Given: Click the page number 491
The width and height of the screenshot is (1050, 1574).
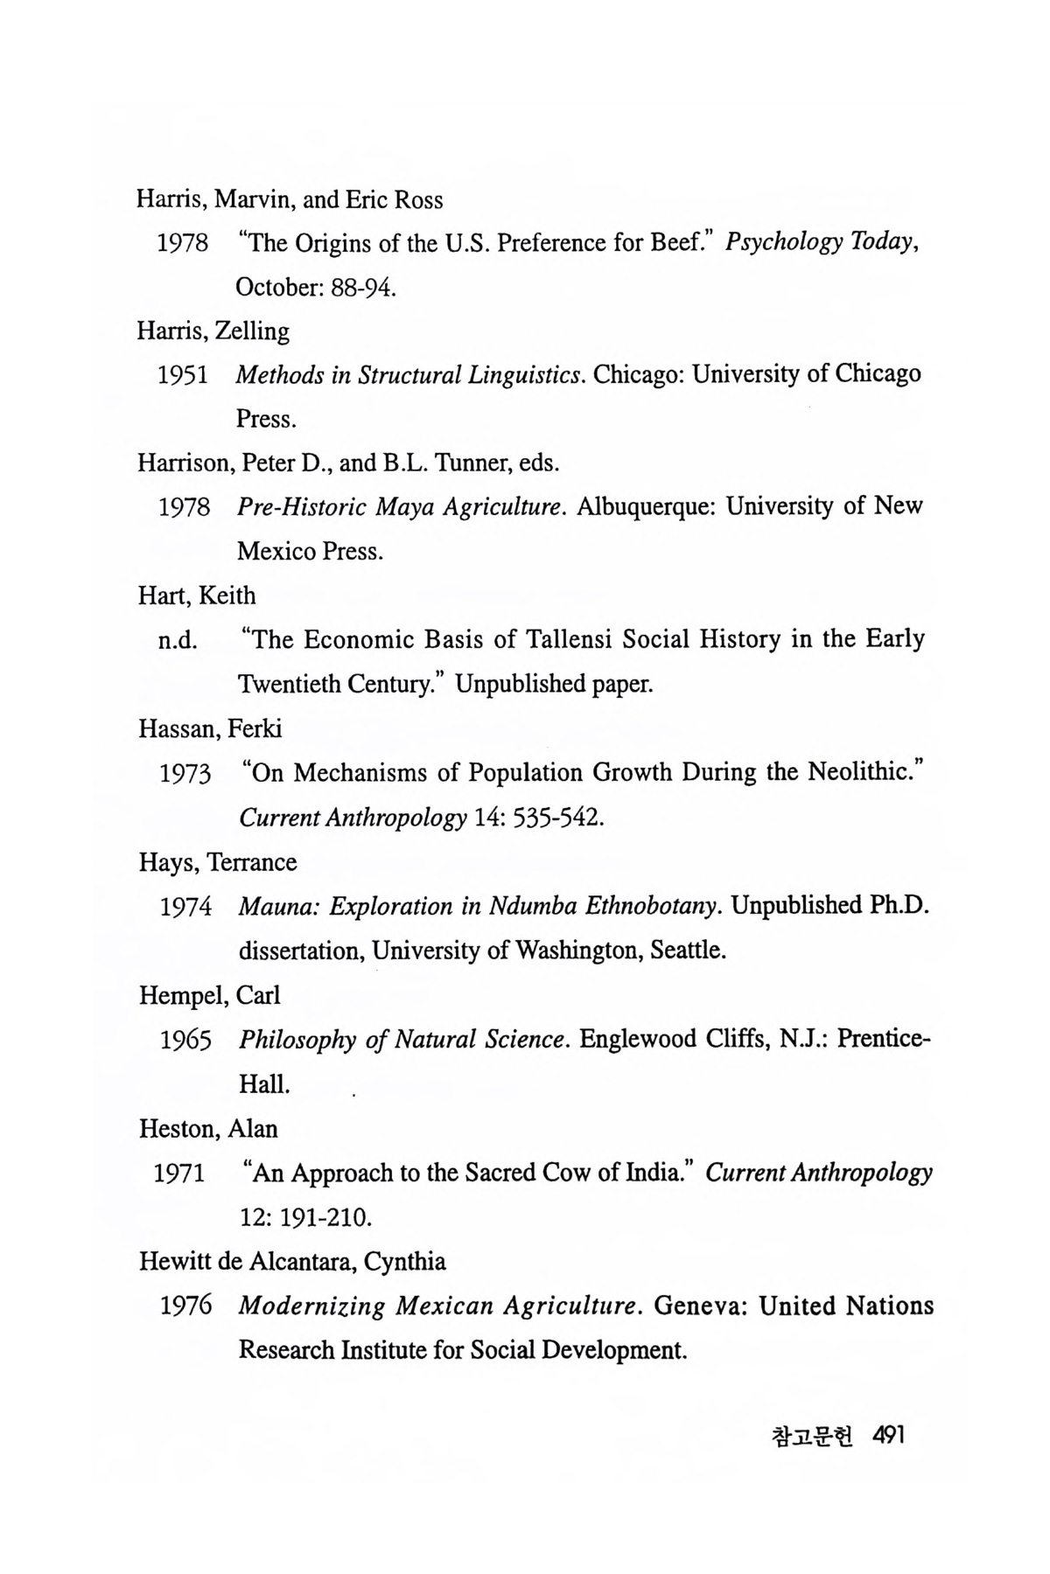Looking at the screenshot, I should coord(887,1437).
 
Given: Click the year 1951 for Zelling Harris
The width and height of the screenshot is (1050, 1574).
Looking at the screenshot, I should coord(182,375).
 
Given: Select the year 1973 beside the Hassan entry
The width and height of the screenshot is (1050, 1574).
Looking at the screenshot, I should coord(185,774).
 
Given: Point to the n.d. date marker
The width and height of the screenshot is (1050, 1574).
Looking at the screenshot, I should coord(177,641).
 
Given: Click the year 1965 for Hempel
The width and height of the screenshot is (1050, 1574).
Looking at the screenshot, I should coord(185,1041).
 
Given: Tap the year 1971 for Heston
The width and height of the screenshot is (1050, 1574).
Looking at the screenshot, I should coord(179,1174).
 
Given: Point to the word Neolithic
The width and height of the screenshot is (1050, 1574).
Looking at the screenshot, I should coord(866,773).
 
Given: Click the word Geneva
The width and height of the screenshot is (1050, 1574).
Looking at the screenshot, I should coord(700,1306).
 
